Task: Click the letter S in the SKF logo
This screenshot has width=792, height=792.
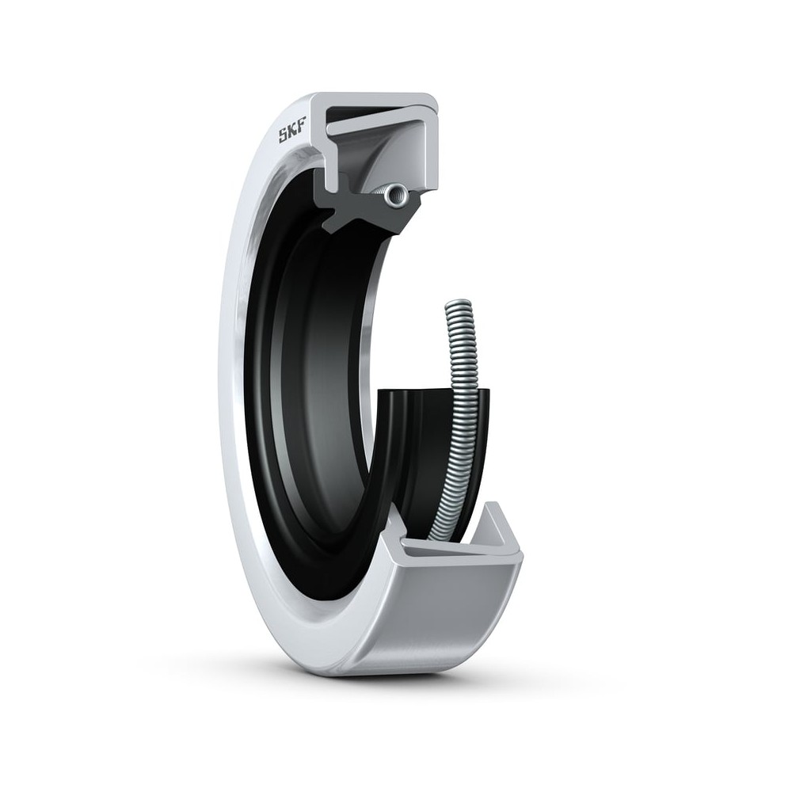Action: click(284, 135)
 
